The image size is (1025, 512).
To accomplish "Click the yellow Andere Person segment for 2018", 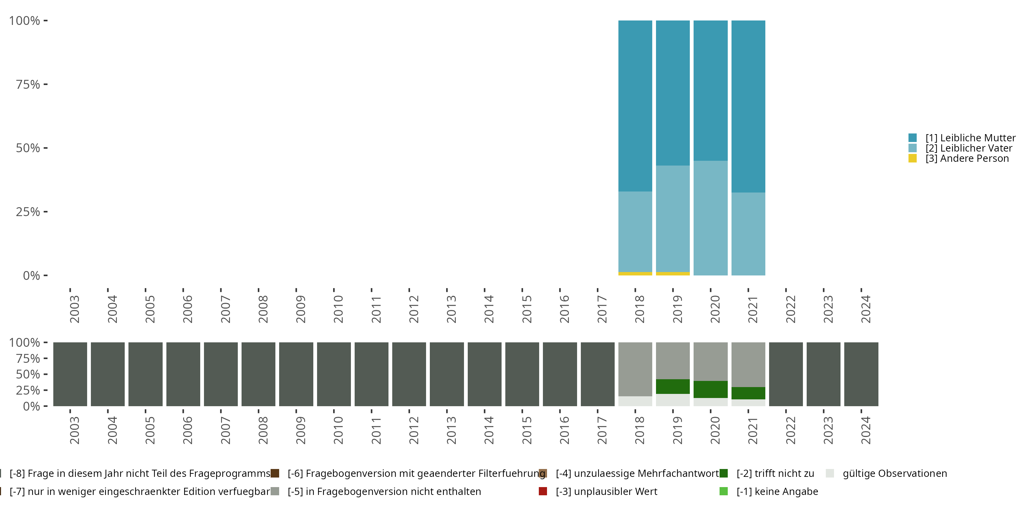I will pos(635,273).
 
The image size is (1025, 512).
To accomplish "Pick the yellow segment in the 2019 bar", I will pos(672,273).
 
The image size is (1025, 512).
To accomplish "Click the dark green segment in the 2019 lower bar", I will pos(672,386).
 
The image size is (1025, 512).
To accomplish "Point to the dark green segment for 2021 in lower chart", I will pos(748,393).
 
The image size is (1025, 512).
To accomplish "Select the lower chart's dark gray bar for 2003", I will pos(70,374).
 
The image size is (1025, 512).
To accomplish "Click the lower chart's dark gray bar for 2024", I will pos(861,374).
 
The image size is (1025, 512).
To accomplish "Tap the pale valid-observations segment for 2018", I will pos(635,401).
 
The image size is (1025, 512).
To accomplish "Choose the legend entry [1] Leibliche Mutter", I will pos(970,138).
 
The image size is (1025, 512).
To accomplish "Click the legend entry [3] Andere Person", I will pos(967,158).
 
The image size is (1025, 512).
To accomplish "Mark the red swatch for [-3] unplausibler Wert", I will pos(543,491).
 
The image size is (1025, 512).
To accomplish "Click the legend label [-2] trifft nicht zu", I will pos(775,473).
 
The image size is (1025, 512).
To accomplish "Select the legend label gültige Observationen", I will pos(894,473).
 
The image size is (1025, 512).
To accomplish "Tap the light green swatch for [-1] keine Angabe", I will pos(724,491).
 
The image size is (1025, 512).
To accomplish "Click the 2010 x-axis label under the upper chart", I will pos(338,309).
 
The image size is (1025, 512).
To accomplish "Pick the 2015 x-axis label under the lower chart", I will pos(527,430).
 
